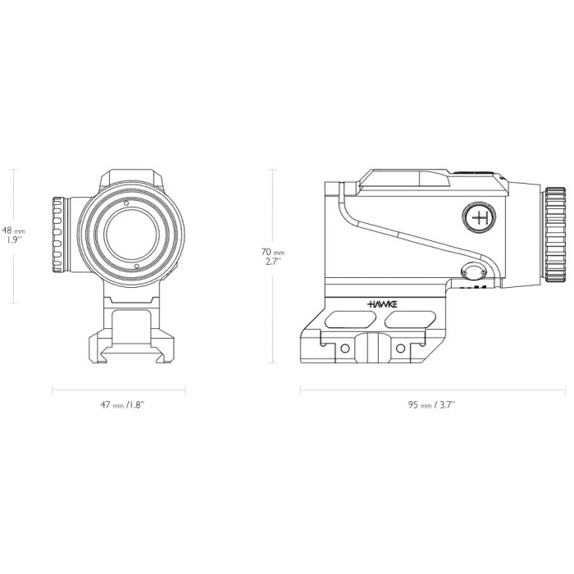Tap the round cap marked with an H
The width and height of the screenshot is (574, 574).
(479, 216)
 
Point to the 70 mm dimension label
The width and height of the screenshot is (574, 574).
(273, 257)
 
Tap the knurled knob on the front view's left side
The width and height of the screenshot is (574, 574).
(59, 235)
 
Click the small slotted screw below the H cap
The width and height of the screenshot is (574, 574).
(474, 273)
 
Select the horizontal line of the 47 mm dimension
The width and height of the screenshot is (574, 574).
(119, 389)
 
